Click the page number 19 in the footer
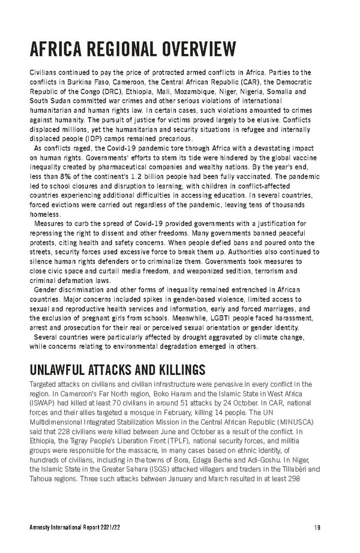[x=317, y=528]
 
